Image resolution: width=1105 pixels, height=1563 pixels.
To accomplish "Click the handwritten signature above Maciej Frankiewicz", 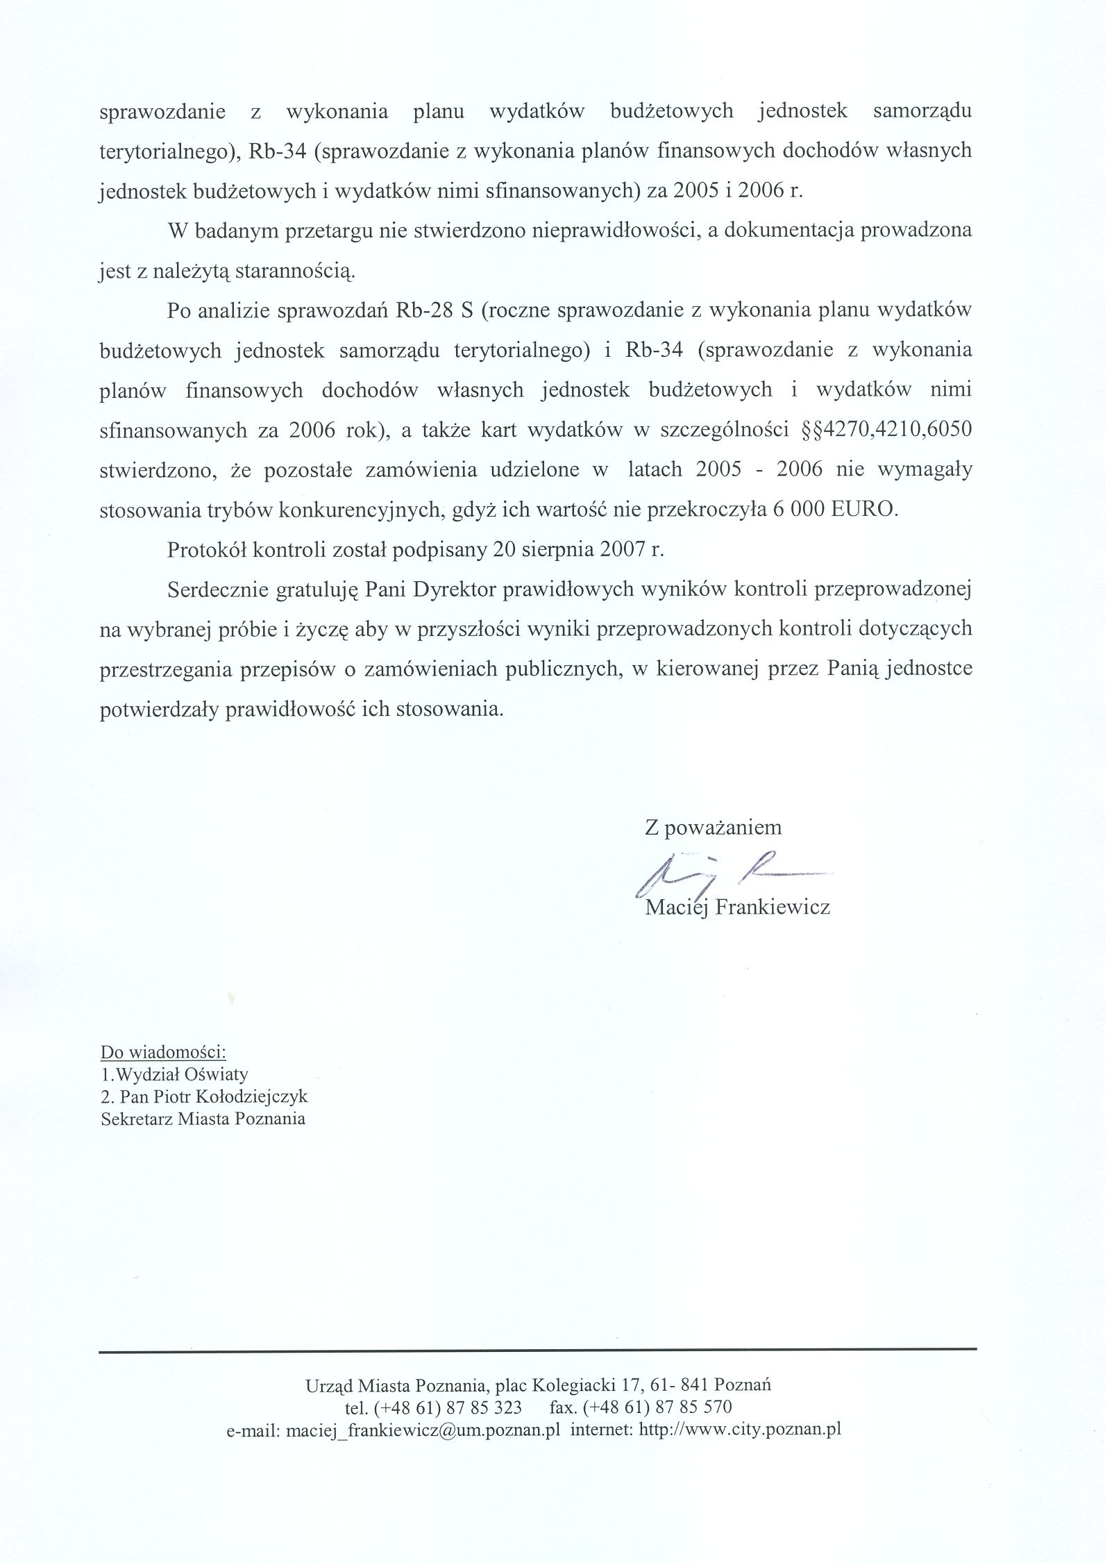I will [x=729, y=870].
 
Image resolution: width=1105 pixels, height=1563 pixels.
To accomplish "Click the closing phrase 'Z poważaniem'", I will [x=713, y=828].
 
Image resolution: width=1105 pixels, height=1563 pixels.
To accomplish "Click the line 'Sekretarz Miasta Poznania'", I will [x=203, y=1119].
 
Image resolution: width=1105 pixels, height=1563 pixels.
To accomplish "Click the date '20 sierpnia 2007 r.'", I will [x=577, y=550].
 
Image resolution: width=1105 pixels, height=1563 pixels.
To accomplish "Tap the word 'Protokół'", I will [x=206, y=550].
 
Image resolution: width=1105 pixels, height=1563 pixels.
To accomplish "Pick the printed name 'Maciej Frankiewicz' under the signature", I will [x=738, y=907].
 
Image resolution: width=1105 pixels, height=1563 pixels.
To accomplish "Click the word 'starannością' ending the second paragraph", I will [x=295, y=271].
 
